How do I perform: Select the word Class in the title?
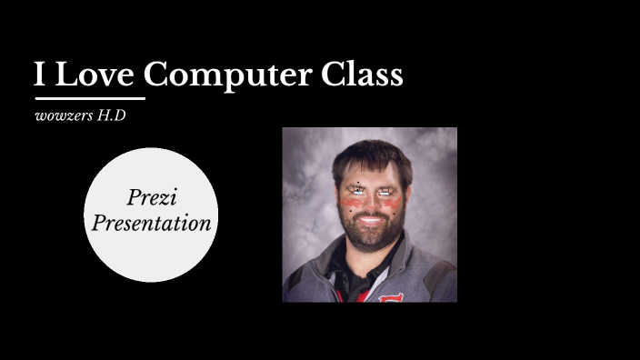tap(362, 75)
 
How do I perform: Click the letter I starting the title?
tap(40, 75)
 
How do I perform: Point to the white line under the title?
tap(89, 97)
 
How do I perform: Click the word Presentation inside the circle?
tap(151, 223)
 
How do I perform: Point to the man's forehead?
tap(371, 173)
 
